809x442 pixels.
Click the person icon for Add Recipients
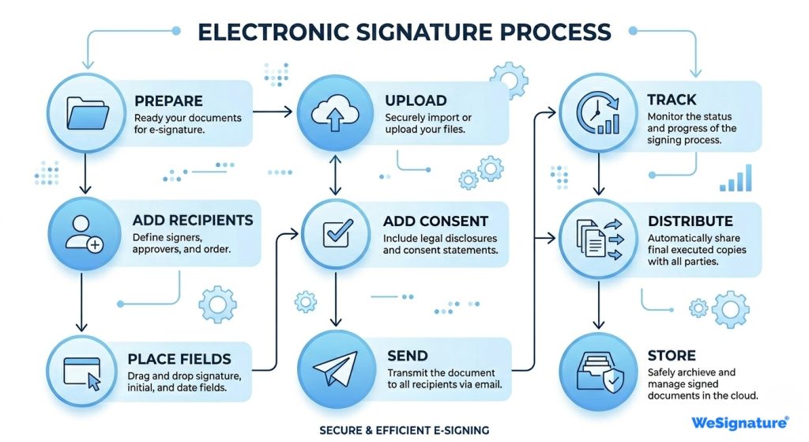click(85, 235)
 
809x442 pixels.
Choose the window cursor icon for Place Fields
click(85, 369)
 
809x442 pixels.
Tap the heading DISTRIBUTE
click(690, 221)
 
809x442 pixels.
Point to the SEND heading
click(408, 356)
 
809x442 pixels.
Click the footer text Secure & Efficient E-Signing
click(404, 430)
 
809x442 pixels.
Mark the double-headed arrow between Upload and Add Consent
click(335, 175)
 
